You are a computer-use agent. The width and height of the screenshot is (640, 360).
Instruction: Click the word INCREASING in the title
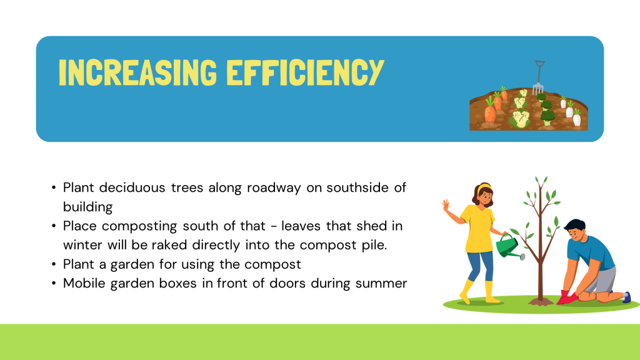pos(137,72)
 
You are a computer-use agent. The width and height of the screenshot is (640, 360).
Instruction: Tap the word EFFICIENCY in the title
pos(305,72)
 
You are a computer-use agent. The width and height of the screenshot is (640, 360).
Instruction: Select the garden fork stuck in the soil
pos(539,77)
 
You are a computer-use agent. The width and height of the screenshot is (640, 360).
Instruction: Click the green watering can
pos(509,246)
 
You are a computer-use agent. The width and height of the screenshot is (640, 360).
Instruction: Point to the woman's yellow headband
pos(484,187)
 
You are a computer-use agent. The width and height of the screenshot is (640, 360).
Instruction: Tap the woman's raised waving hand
pos(446,204)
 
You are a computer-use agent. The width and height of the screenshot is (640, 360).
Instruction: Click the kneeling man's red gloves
pos(567,297)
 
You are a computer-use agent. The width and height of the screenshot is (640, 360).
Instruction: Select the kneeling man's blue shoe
pos(627,297)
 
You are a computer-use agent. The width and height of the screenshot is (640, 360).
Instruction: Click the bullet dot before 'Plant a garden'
pos(54,264)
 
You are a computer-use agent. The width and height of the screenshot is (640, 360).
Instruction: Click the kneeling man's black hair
pos(575,225)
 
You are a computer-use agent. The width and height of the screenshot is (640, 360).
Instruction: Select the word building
pos(87,207)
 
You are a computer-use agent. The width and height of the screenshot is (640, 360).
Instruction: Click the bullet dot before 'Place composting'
pos(54,226)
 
